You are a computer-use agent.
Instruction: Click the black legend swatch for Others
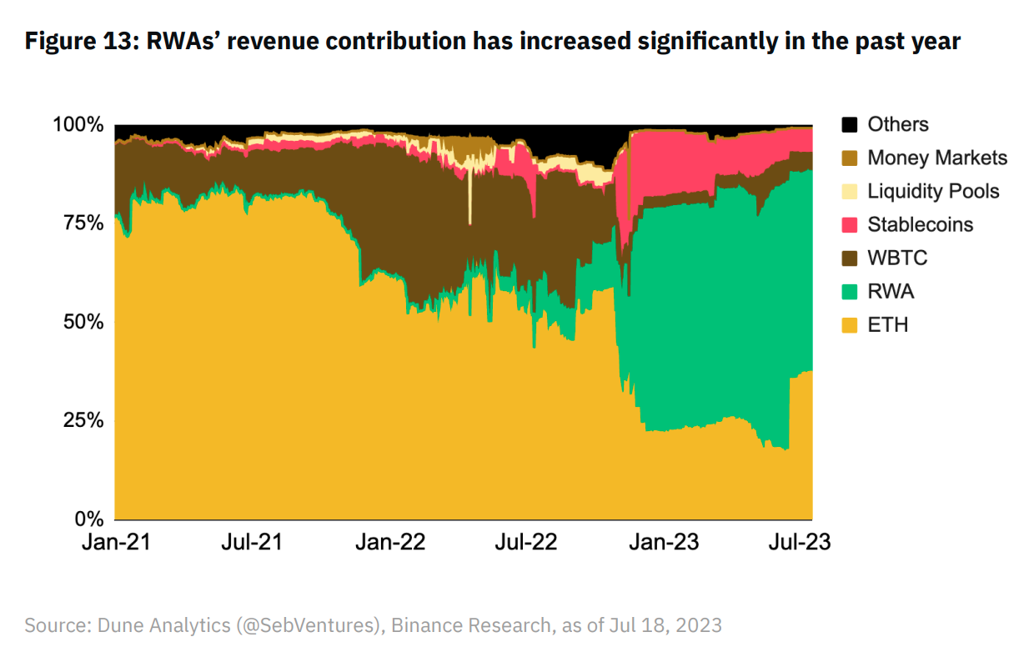(x=850, y=125)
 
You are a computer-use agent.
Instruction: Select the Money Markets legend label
(x=937, y=158)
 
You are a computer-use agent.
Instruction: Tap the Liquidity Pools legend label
(x=933, y=192)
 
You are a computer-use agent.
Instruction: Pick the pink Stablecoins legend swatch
(x=850, y=225)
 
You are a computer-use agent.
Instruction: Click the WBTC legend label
(x=897, y=258)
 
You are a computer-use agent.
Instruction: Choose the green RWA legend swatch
(x=850, y=292)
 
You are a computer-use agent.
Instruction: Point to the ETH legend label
(x=887, y=325)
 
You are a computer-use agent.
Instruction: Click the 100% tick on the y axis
(x=78, y=125)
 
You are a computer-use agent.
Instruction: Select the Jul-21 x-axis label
(x=252, y=542)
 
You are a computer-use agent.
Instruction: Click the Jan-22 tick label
(x=390, y=542)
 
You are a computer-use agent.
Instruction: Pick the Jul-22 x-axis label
(x=525, y=542)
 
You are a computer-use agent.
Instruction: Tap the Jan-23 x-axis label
(x=664, y=542)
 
